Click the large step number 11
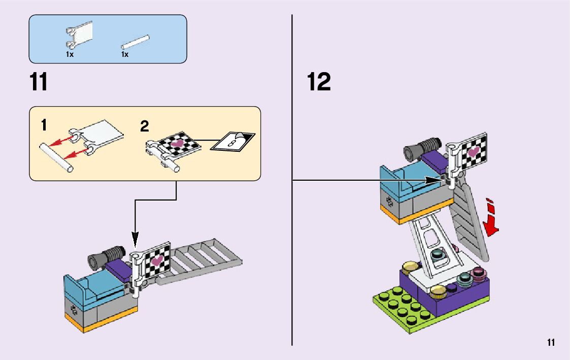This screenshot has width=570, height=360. point(39,82)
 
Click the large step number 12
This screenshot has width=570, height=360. point(319,82)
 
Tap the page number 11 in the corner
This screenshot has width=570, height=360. point(551,342)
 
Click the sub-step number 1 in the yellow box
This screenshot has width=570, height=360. point(44,124)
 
